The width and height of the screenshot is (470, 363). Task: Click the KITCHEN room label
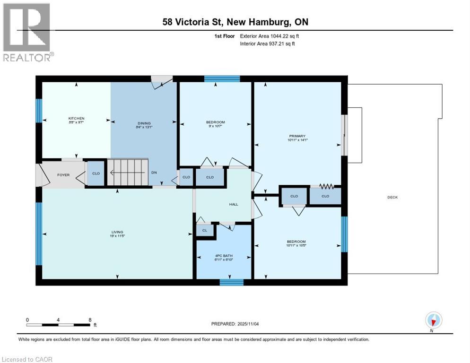pos(76,118)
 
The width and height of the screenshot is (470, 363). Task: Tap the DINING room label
pos(144,124)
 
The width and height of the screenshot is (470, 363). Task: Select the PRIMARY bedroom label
pos(297,136)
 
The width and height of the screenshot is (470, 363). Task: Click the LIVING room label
pos(117,232)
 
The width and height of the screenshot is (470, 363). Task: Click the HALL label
pos(234,204)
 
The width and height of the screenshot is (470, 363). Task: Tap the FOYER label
pos(63,175)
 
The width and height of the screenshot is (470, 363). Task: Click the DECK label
pos(392,197)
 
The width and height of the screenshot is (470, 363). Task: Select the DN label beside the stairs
pos(154,173)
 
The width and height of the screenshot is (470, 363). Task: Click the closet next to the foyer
pos(96,173)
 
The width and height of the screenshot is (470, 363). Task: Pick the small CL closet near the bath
pos(205,230)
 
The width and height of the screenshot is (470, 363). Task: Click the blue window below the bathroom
pos(231,282)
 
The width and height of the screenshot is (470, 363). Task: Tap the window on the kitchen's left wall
pos(39,111)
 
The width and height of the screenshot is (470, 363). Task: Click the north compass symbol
pos(434,320)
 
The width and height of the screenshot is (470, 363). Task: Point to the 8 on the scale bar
pos(90,320)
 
